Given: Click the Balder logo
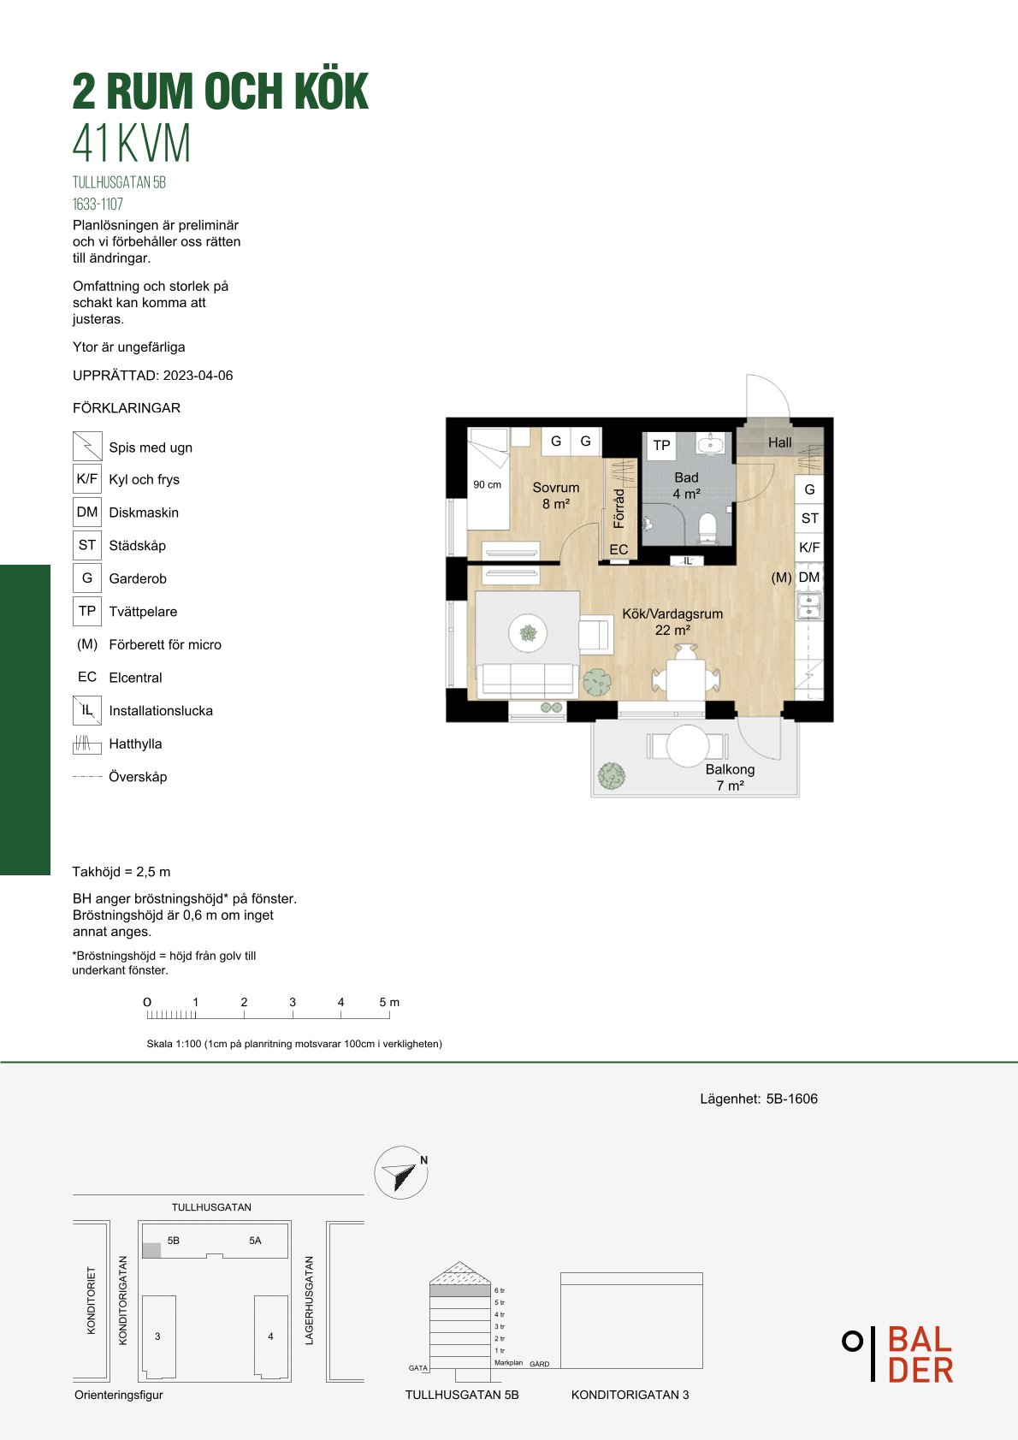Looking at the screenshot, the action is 898,1354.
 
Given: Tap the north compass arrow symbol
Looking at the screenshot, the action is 401,1172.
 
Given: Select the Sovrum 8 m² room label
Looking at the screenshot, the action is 556,495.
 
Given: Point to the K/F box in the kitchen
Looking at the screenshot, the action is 809,547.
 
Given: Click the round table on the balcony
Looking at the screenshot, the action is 688,746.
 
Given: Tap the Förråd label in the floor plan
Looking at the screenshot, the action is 618,508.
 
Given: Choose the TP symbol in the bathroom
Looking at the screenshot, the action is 661,445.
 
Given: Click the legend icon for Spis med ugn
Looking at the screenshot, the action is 87,446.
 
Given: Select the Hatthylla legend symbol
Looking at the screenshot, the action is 87,744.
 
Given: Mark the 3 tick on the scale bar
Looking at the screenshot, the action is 293,1015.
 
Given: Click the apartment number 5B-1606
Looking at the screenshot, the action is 792,1099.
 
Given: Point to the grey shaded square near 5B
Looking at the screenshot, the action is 151,1250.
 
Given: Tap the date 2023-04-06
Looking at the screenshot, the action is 198,376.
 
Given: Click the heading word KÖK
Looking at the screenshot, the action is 332,91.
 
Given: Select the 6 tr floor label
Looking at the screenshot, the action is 500,1291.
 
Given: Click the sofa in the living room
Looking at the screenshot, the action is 527,680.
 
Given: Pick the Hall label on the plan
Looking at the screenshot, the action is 779,442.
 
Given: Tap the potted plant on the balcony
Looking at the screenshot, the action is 611,776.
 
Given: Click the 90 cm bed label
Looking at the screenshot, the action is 487,485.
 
